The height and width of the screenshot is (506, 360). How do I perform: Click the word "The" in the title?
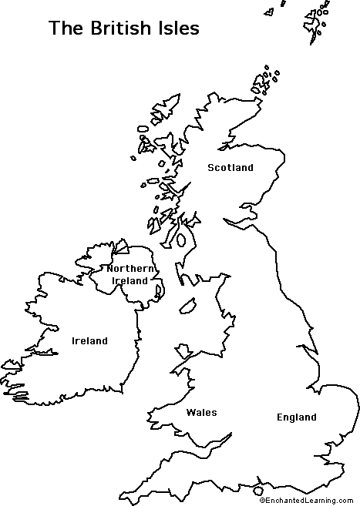click(x=64, y=28)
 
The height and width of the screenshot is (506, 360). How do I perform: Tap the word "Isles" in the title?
click(x=177, y=28)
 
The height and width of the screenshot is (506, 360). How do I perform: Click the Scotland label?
click(x=230, y=168)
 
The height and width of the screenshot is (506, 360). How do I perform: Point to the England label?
click(x=296, y=417)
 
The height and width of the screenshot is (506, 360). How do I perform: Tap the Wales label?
click(x=201, y=413)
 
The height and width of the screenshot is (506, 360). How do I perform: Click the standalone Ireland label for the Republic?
click(x=89, y=341)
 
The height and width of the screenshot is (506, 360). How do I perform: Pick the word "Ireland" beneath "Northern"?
click(x=129, y=281)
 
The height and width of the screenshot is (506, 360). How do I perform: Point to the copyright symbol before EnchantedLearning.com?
click(x=264, y=501)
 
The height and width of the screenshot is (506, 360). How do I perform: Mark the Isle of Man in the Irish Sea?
click(x=187, y=306)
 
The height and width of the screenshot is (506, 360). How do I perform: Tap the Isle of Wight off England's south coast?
click(x=257, y=490)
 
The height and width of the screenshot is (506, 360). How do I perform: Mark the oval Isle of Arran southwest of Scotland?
click(x=182, y=240)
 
